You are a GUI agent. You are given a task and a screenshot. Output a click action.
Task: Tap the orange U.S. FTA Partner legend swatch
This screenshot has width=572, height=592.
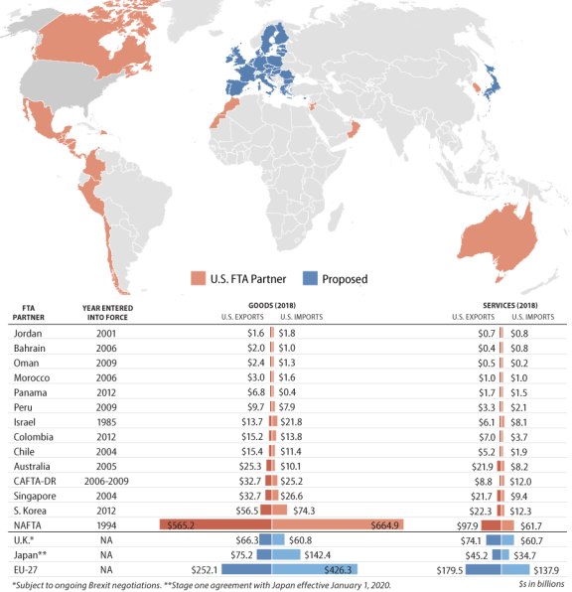(x=199, y=278)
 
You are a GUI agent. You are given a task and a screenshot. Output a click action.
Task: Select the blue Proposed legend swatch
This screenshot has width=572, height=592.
(x=310, y=278)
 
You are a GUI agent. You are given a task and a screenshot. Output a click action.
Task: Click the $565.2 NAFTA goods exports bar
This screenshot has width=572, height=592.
(x=215, y=524)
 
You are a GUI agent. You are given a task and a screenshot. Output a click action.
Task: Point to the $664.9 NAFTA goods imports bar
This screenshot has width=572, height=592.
(x=338, y=524)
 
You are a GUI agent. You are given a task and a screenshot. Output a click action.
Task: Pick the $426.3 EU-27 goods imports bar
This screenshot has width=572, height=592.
(x=315, y=569)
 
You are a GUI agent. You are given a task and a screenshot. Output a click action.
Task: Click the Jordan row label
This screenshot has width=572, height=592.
(x=28, y=334)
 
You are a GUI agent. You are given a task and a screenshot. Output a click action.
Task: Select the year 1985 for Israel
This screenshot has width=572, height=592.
(x=106, y=422)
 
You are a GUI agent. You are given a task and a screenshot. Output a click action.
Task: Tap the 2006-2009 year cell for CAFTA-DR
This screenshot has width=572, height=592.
(x=106, y=481)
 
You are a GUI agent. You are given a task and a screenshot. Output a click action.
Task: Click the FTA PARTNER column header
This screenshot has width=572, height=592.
(x=29, y=313)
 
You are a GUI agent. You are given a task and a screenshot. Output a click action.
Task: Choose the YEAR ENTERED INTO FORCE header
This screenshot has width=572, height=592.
(x=107, y=313)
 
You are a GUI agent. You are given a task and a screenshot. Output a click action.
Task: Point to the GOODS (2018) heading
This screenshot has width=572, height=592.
(x=272, y=305)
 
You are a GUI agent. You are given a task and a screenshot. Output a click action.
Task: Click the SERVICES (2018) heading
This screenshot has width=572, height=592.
(x=510, y=305)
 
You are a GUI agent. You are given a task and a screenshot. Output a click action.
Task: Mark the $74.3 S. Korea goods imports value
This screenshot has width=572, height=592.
(x=304, y=511)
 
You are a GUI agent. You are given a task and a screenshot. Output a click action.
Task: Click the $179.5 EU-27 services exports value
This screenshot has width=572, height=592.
(x=450, y=570)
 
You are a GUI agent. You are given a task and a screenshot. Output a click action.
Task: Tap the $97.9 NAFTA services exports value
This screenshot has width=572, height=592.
(x=467, y=525)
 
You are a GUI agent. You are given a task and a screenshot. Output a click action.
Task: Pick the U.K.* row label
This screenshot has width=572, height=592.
(x=24, y=540)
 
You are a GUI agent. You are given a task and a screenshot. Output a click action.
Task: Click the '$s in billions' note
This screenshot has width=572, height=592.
(x=541, y=584)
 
